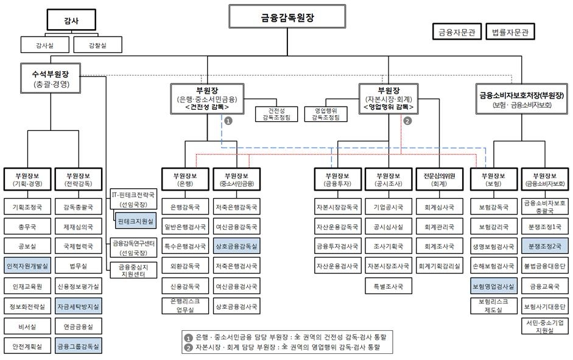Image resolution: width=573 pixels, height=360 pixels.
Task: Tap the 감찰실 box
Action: tap(97, 45)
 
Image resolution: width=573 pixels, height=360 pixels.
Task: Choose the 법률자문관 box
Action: tap(510, 32)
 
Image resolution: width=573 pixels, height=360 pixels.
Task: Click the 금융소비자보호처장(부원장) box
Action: tap(522, 99)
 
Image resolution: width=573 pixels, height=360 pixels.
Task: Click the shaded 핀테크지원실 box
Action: tap(135, 219)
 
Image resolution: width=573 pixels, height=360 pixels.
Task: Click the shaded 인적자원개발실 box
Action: tap(27, 266)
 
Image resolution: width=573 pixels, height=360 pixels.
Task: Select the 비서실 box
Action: tap(27, 326)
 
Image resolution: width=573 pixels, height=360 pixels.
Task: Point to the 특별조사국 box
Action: tap(388, 285)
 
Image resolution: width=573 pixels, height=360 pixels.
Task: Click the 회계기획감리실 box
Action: tap(439, 266)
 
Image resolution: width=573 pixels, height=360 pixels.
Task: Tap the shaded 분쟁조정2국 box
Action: tap(546, 246)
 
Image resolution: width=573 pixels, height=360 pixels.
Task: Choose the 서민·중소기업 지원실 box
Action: tap(546, 326)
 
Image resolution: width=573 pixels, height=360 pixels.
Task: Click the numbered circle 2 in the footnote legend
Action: tap(189, 348)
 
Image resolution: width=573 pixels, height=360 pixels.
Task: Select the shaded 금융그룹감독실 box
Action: tap(79, 346)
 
